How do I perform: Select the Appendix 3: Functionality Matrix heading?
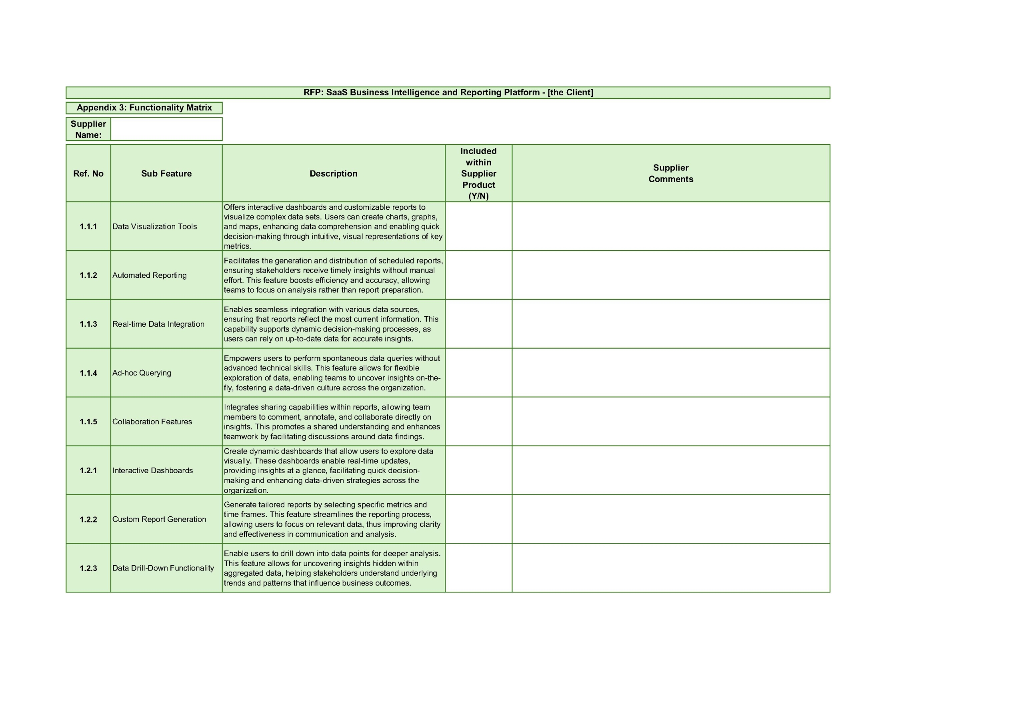144,108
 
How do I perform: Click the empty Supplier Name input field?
166,129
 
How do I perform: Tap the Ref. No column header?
88,174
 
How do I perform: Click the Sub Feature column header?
166,174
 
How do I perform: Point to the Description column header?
333,174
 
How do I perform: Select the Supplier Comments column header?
670,173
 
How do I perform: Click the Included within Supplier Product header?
478,173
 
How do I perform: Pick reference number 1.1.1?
88,226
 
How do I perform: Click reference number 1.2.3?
88,568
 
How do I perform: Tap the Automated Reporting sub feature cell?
150,275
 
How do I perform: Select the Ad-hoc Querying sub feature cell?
142,373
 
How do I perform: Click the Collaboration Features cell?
152,422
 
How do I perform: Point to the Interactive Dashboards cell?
152,470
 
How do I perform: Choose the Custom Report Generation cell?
159,519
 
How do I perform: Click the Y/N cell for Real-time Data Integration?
478,324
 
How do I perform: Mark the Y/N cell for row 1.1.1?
478,226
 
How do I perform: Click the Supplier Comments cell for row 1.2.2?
670,519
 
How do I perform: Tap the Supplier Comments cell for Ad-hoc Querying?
670,373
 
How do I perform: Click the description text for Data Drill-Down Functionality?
332,568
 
